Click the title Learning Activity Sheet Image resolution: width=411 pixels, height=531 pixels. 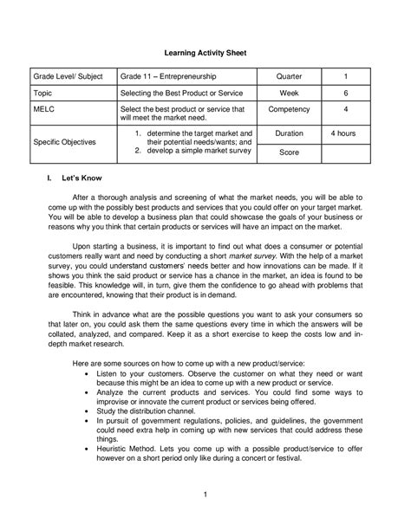pos(205,53)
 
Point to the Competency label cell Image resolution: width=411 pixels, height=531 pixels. pos(288,111)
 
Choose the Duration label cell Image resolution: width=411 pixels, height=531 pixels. pos(288,133)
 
